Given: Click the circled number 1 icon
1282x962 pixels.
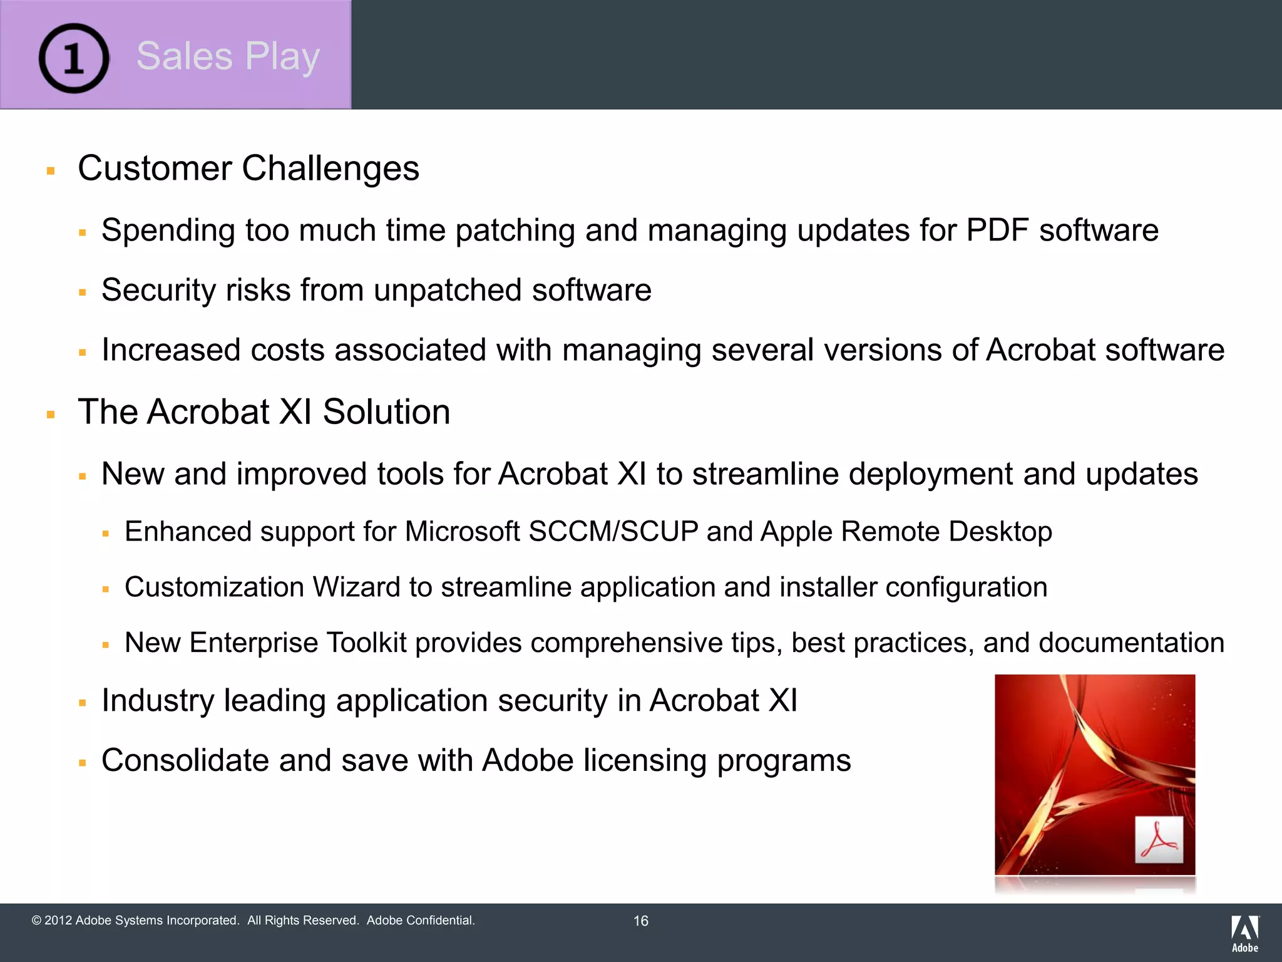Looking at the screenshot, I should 74,58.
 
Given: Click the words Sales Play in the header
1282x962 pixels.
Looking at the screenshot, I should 228,56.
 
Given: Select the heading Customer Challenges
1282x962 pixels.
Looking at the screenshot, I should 249,168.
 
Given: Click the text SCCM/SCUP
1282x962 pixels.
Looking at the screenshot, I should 613,532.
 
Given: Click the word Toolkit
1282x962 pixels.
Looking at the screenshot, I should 366,643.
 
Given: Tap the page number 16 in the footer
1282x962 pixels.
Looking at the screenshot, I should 640,921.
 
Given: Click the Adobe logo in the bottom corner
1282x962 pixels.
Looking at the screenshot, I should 1244,933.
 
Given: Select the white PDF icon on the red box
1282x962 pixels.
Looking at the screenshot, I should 1159,840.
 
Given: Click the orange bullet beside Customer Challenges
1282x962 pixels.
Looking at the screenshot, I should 51,170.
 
